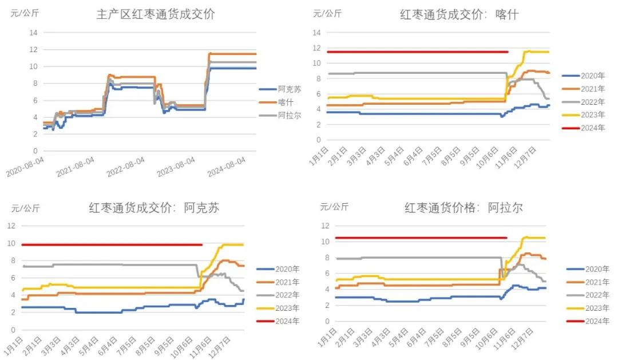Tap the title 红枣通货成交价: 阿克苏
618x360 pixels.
pos(154,208)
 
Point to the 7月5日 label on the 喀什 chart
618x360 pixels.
pos(437,157)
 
